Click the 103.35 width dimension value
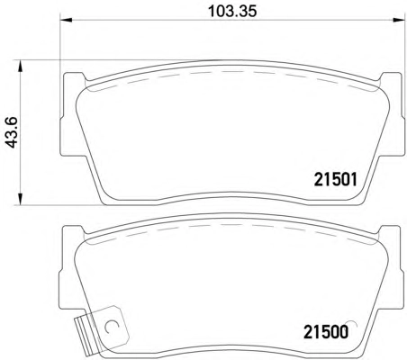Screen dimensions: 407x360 [232, 12]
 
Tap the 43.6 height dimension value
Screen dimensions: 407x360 [13, 132]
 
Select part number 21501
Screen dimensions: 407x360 [336, 180]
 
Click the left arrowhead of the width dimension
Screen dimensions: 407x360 [67, 20]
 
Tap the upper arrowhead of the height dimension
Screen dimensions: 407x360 [20, 66]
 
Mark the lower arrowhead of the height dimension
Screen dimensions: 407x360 [20, 199]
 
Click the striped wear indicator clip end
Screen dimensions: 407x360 [85, 336]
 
